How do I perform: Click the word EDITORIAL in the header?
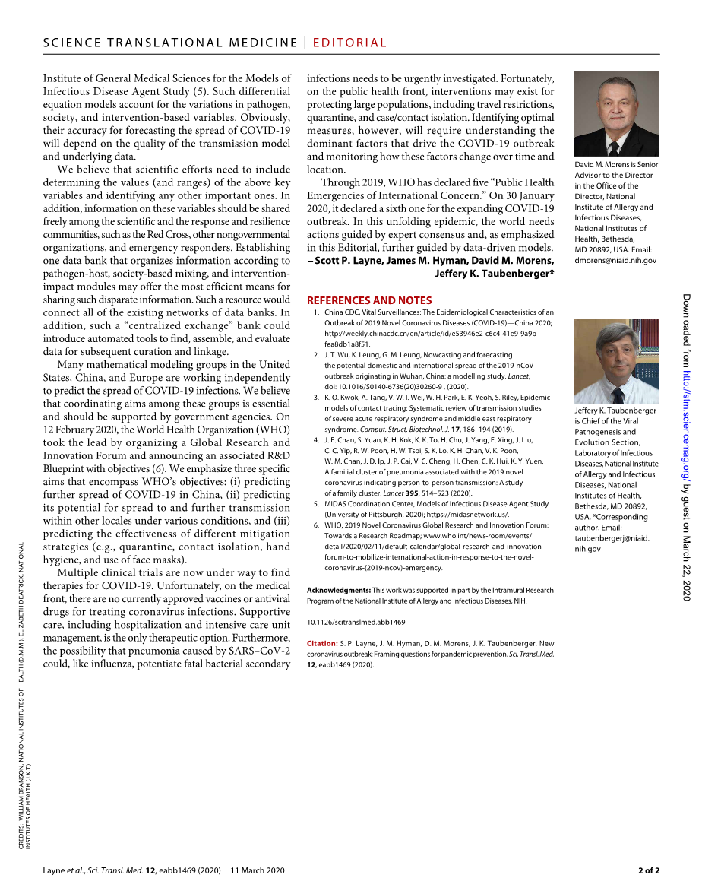tap(349, 43)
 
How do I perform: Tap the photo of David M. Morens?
tap(616, 114)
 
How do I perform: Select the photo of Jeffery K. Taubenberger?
tap(616, 361)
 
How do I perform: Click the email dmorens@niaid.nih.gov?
tap(615, 260)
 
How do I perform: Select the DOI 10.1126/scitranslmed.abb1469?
tap(356, 622)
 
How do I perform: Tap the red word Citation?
tap(322, 643)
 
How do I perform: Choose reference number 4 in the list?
tap(316, 439)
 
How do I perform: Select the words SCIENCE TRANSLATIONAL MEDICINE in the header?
tap(170, 43)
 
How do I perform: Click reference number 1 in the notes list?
tap(316, 312)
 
